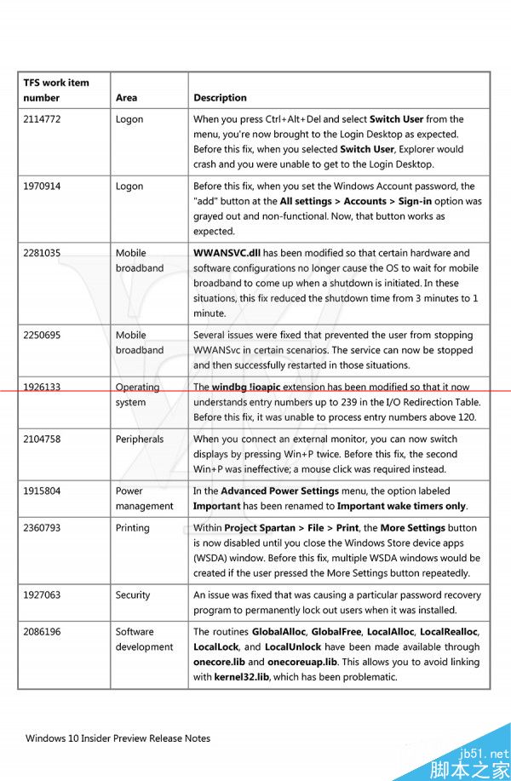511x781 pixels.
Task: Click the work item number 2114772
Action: tap(42, 119)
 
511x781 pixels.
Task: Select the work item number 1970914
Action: tap(42, 186)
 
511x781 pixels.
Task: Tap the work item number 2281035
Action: tap(42, 253)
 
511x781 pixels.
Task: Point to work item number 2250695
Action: tap(42, 335)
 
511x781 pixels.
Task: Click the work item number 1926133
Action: tap(42, 387)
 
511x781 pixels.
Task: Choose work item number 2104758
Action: tap(42, 439)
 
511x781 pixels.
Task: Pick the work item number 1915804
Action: tap(42, 491)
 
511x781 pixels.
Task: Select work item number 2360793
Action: tap(42, 528)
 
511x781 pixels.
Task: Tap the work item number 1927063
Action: tap(42, 594)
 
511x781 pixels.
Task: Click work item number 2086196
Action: tap(42, 632)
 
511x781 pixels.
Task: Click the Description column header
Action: tap(220, 98)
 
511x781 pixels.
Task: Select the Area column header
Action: tap(126, 98)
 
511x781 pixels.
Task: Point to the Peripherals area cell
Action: tap(140, 439)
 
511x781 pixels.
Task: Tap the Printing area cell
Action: tap(133, 528)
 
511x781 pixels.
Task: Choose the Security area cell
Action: tap(134, 594)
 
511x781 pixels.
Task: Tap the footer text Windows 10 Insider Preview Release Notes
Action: tap(118, 738)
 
